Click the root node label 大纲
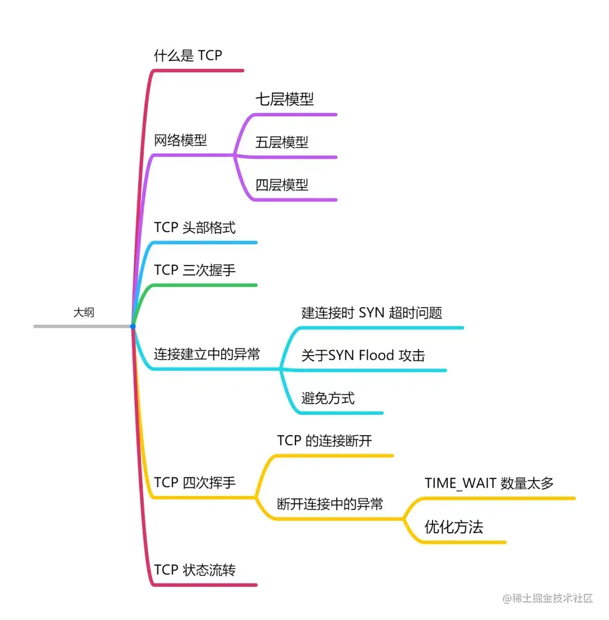(x=83, y=312)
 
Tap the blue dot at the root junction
(x=133, y=326)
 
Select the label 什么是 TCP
(x=188, y=55)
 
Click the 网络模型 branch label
(x=180, y=140)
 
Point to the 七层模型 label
(x=284, y=100)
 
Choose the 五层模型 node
(x=281, y=142)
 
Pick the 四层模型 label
(x=281, y=185)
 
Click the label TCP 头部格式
(x=195, y=228)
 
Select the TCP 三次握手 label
(x=195, y=271)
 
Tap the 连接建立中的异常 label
(x=207, y=355)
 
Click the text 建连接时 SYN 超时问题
(x=372, y=313)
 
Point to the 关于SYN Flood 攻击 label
(x=363, y=355)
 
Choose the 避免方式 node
(x=328, y=398)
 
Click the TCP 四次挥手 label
(x=195, y=483)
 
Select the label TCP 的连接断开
(x=324, y=441)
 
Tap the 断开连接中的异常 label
(x=330, y=504)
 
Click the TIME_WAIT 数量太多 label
(x=489, y=483)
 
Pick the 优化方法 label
(x=453, y=527)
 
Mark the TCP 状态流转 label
(x=195, y=570)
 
